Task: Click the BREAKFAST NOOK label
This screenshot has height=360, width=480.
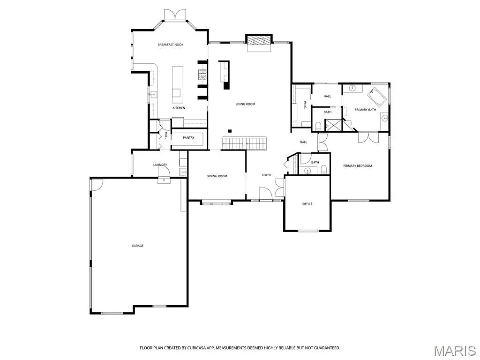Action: pyautogui.click(x=170, y=45)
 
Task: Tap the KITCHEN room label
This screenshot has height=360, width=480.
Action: pyautogui.click(x=179, y=108)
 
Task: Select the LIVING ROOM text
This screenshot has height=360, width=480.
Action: pyautogui.click(x=245, y=104)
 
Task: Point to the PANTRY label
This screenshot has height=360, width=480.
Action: pyautogui.click(x=188, y=138)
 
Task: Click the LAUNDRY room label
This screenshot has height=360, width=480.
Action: pyautogui.click(x=160, y=165)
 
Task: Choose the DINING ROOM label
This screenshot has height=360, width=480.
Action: pyautogui.click(x=217, y=176)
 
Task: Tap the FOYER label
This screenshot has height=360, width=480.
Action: pyautogui.click(x=266, y=175)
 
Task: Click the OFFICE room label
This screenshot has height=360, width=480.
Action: pyautogui.click(x=307, y=204)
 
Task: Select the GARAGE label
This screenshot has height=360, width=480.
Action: pyautogui.click(x=137, y=246)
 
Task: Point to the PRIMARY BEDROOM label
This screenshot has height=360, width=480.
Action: pyautogui.click(x=357, y=166)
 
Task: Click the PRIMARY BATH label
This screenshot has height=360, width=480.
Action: pyautogui.click(x=365, y=110)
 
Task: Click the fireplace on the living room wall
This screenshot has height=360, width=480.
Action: pyautogui.click(x=259, y=41)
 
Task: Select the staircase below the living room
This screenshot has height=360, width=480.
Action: pyautogui.click(x=244, y=143)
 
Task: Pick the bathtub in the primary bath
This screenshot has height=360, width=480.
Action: pyautogui.click(x=377, y=97)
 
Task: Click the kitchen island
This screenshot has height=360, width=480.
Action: pyautogui.click(x=177, y=84)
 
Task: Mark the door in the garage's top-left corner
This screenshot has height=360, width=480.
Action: pyautogui.click(x=96, y=184)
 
